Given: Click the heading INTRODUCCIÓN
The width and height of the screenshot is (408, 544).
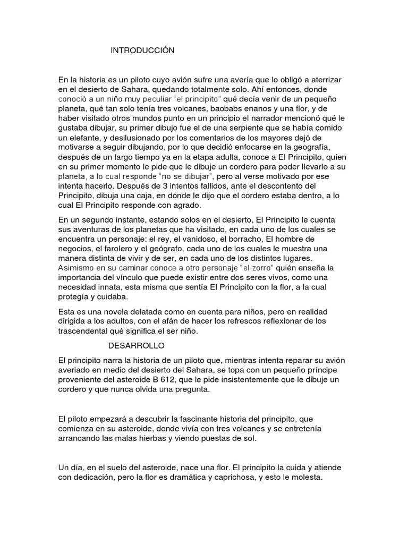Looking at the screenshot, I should pos(142,50).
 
